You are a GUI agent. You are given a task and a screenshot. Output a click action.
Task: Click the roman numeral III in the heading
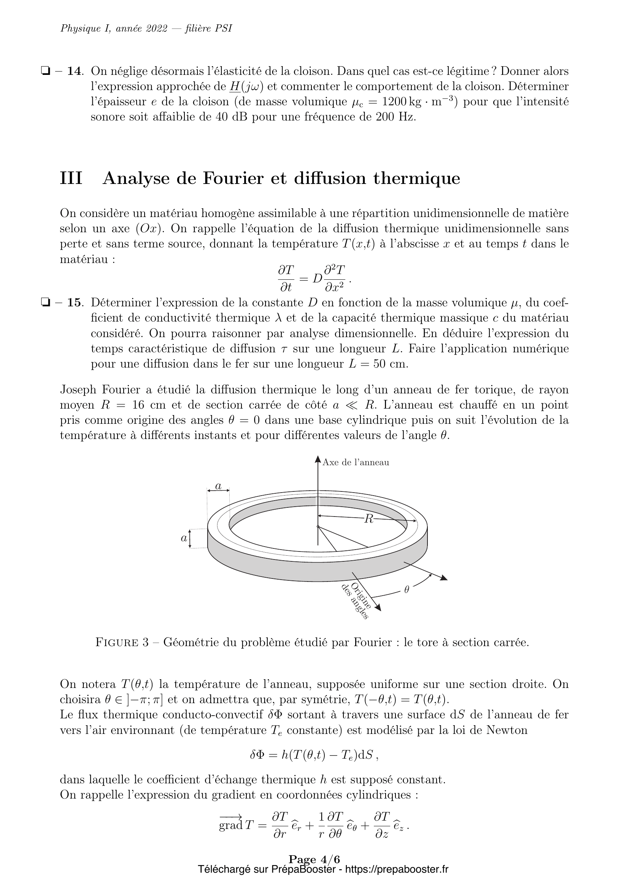click(71, 179)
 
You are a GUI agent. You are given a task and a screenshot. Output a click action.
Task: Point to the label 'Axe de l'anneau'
click(356, 462)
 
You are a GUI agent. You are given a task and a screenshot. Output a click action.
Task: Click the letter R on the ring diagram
click(369, 519)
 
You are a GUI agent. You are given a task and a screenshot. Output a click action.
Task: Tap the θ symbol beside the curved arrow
click(406, 590)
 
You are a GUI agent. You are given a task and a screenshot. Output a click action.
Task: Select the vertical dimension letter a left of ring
click(184, 538)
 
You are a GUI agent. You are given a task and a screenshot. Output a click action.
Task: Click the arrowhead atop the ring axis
click(318, 459)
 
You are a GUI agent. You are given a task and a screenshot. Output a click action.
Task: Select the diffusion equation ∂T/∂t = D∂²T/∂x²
click(314, 278)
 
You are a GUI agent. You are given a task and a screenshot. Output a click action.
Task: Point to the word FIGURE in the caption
click(117, 643)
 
